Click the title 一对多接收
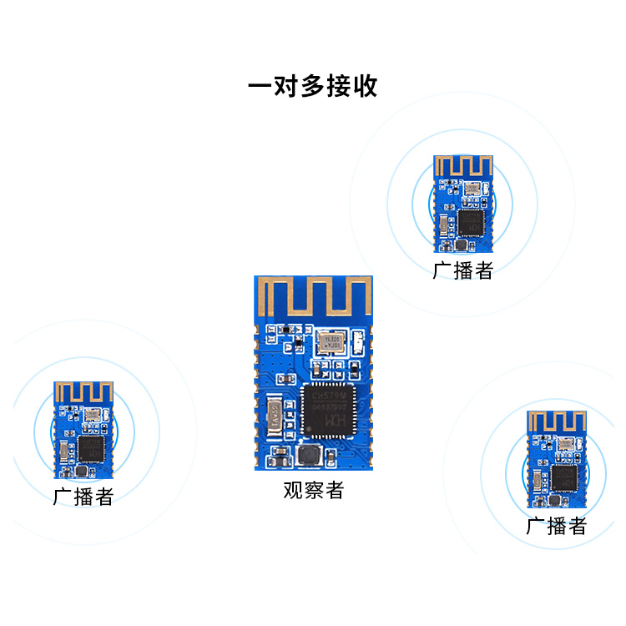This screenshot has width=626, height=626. [313, 87]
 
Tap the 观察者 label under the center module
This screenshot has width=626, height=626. [313, 491]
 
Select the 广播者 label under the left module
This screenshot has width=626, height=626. [83, 497]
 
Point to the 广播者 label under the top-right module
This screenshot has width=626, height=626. [463, 270]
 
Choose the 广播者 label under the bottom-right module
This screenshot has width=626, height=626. [556, 526]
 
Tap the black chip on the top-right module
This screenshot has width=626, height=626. [471, 221]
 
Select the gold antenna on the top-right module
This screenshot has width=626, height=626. [463, 167]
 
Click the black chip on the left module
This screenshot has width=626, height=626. [91, 449]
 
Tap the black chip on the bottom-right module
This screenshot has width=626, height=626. [564, 478]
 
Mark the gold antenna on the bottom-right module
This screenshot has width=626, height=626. [557, 422]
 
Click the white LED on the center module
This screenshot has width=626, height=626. [357, 341]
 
